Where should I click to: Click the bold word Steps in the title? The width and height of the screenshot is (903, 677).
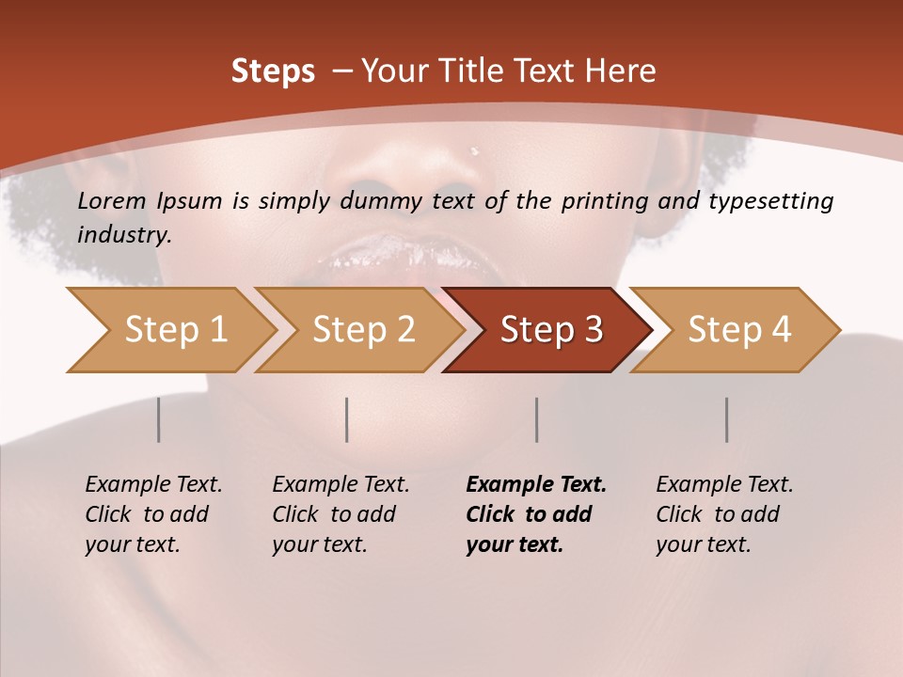point(273,71)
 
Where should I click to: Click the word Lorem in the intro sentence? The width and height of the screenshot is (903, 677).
point(112,201)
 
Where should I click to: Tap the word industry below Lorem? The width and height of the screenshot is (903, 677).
point(124,234)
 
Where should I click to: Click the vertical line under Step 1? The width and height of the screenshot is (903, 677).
point(159,419)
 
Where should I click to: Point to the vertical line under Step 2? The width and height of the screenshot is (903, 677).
point(347,419)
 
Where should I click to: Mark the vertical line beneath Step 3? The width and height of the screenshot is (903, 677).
point(537,419)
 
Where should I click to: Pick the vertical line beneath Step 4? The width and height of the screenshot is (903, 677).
point(727,419)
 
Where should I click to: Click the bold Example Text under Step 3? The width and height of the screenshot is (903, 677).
point(536,485)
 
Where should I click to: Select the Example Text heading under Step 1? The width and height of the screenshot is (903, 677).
point(153,485)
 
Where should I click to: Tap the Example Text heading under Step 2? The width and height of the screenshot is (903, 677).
point(341,485)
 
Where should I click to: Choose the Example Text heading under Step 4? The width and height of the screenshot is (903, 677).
point(724,485)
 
